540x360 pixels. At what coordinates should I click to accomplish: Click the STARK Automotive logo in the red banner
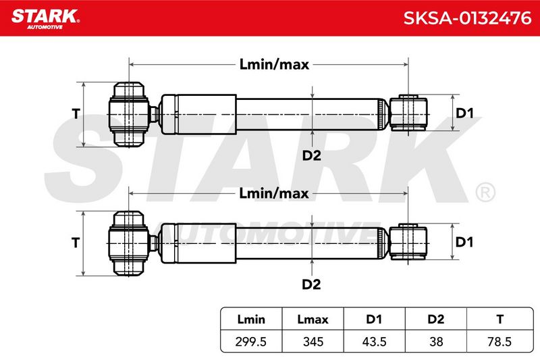click(45, 19)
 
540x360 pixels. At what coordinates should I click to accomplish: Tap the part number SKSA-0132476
click(467, 18)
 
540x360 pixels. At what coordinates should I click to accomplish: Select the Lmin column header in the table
click(251, 319)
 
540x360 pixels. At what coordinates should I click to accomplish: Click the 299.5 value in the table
click(250, 342)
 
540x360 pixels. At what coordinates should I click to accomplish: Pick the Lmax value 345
click(313, 342)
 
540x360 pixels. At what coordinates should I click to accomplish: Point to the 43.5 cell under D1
click(374, 342)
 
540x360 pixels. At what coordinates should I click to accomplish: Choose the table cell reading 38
click(436, 342)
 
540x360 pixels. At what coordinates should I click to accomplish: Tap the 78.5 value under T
click(500, 342)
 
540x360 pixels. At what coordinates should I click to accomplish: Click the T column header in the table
click(500, 319)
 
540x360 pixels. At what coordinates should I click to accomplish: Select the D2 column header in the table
click(435, 319)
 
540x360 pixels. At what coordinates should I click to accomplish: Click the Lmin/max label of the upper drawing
click(274, 64)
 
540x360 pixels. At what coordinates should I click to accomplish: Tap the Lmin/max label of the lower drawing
click(274, 193)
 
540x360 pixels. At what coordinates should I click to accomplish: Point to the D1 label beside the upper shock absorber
click(464, 113)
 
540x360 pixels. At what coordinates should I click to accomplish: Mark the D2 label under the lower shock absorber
click(311, 284)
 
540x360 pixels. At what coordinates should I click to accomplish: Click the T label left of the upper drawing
click(76, 113)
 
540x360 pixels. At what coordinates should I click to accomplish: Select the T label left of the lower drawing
click(76, 242)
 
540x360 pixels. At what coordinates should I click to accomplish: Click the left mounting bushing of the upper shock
click(129, 114)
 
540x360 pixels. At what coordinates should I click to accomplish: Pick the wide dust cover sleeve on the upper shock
click(198, 114)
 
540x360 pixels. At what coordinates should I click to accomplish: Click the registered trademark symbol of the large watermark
click(485, 192)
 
